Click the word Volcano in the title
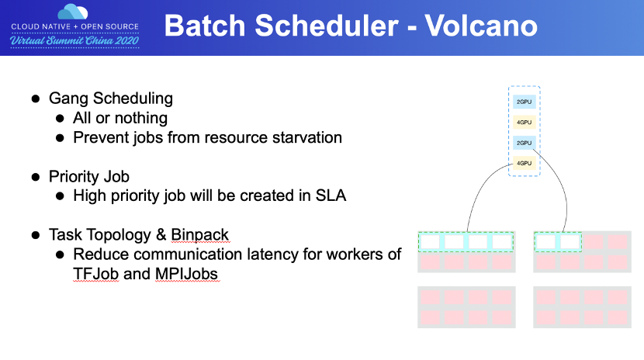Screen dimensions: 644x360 pyautogui.click(x=481, y=26)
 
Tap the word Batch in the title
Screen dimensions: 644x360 pyautogui.click(x=205, y=26)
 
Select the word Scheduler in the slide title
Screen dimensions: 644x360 pyautogui.click(x=327, y=26)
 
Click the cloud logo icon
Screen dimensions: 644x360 pyautogui.click(x=73, y=12)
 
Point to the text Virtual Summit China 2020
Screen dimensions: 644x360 pyautogui.click(x=74, y=40)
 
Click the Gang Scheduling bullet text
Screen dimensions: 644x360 pyautogui.click(x=111, y=99)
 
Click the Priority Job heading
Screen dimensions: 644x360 pyautogui.click(x=89, y=177)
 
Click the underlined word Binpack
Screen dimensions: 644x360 pyautogui.click(x=199, y=235)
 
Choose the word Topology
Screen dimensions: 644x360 pyautogui.click(x=121, y=235)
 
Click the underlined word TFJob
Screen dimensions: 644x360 pyautogui.click(x=96, y=274)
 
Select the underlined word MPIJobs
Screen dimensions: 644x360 pyautogui.click(x=186, y=274)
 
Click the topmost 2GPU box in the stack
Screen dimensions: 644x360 pyautogui.click(x=524, y=102)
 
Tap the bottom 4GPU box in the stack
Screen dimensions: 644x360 pyautogui.click(x=524, y=164)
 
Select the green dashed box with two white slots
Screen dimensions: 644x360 pyautogui.click(x=558, y=242)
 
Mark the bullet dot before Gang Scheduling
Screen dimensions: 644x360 pyautogui.click(x=36, y=99)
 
